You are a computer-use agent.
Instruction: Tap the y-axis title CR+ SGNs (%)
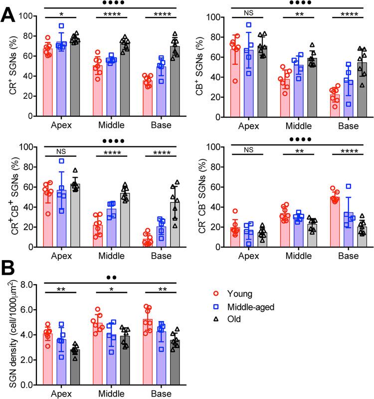click(10, 66)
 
